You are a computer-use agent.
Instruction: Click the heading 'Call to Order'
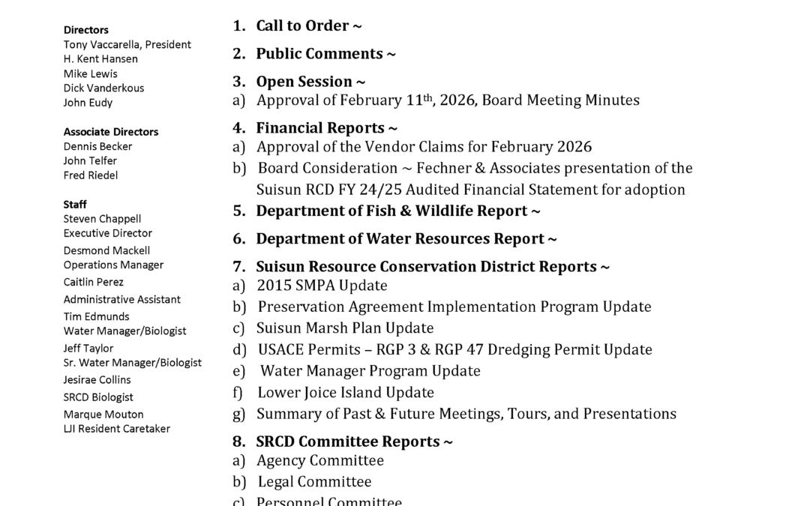click(302, 26)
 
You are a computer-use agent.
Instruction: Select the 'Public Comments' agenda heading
click(319, 54)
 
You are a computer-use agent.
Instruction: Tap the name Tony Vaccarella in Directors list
click(102, 45)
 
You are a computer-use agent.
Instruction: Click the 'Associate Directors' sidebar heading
click(111, 132)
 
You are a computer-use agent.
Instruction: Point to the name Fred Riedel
click(91, 175)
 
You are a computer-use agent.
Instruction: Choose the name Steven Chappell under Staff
click(102, 219)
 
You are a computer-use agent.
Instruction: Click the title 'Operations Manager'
click(113, 265)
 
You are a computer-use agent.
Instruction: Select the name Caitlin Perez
click(94, 283)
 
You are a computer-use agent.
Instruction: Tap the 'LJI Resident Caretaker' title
click(117, 429)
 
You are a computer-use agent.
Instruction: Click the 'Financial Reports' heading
click(321, 128)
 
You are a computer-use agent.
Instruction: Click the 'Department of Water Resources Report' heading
click(400, 239)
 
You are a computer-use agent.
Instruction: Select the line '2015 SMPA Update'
click(322, 286)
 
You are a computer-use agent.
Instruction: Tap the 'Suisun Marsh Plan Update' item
click(345, 328)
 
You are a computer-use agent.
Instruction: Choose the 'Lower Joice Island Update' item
click(346, 393)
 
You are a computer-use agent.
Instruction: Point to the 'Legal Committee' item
click(314, 482)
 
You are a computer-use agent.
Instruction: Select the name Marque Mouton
click(103, 415)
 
